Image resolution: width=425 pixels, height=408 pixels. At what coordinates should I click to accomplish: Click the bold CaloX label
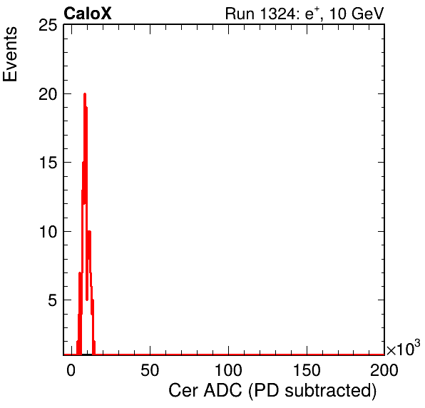tap(88, 14)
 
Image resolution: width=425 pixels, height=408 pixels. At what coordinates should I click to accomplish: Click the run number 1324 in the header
tap(277, 14)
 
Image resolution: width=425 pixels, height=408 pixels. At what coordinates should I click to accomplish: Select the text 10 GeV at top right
tap(357, 14)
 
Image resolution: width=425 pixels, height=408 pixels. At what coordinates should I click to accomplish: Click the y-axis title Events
tap(10, 53)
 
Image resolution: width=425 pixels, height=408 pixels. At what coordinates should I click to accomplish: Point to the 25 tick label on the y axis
tap(48, 26)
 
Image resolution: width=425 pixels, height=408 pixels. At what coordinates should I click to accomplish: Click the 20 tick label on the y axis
tap(48, 95)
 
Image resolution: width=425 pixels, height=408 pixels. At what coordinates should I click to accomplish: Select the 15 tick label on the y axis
tap(48, 163)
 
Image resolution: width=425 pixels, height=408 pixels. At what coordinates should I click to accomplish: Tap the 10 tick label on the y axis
tap(48, 232)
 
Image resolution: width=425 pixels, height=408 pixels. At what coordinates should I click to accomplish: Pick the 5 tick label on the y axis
tap(53, 300)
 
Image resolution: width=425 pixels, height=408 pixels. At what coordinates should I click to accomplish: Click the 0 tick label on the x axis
tap(71, 369)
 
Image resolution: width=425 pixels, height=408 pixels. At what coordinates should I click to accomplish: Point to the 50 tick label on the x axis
tap(150, 369)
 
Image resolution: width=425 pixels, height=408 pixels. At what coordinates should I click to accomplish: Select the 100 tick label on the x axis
tap(228, 369)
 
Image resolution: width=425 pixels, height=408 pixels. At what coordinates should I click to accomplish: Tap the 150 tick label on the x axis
tap(307, 369)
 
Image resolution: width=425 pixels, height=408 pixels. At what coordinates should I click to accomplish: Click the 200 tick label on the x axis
tap(384, 369)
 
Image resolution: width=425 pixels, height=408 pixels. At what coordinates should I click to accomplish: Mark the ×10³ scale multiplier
tap(404, 348)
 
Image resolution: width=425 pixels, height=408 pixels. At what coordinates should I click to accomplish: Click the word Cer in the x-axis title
tap(184, 391)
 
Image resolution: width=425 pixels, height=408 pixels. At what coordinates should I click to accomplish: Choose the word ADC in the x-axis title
tap(222, 391)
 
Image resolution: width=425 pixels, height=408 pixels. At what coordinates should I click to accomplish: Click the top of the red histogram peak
tap(85, 94)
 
